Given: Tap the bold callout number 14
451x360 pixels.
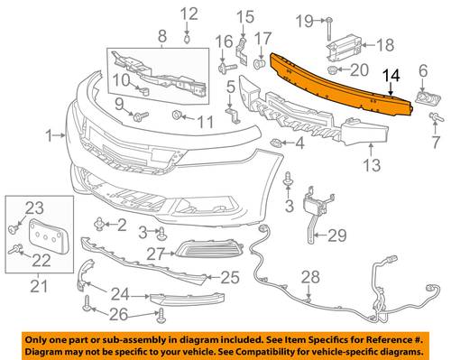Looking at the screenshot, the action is (391, 76).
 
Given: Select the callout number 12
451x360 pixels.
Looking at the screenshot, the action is (189, 14).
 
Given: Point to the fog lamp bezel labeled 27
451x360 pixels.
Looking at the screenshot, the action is (209, 248).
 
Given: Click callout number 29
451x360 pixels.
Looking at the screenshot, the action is (337, 235).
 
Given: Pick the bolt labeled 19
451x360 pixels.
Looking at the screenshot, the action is (328, 30).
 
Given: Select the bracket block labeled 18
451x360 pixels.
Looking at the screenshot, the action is (344, 47).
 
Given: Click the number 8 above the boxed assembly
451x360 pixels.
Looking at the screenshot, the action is (162, 36).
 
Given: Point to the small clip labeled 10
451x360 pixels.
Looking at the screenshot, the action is (143, 90).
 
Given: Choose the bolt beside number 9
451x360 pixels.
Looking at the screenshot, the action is (141, 116).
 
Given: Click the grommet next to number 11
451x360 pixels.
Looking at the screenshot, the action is (177, 115).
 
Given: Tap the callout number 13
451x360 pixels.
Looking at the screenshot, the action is (372, 165).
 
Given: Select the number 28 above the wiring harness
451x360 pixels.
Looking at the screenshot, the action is (310, 277).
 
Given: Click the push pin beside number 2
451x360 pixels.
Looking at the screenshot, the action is (99, 225).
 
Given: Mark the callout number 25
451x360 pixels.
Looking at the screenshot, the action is (230, 277).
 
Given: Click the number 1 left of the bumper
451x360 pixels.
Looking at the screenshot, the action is (51, 136).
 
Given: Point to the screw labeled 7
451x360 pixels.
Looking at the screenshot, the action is (436, 117).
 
